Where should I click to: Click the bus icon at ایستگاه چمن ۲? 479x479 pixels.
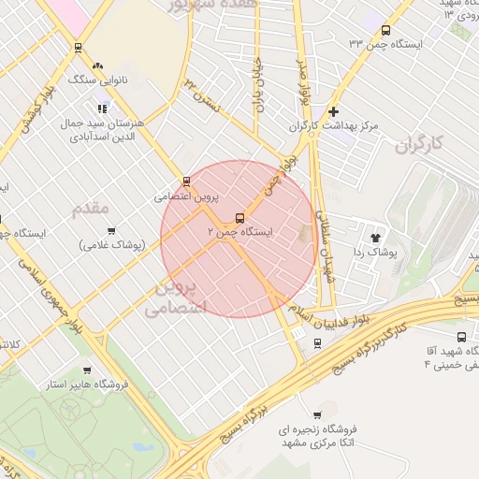[x=240, y=217]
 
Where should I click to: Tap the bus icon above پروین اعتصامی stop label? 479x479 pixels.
[x=187, y=181]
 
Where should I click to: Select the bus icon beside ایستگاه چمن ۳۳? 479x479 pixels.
[x=386, y=30]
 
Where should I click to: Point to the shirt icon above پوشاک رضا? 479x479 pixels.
[x=378, y=237]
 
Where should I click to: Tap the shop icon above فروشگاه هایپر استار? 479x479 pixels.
[x=87, y=370]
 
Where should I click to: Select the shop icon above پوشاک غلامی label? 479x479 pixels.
[x=111, y=230]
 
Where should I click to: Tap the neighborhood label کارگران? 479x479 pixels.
[x=417, y=145]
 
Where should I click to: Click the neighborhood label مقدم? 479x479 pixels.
[x=91, y=207]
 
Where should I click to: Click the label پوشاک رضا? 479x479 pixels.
[x=379, y=253]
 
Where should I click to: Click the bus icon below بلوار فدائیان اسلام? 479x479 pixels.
[x=317, y=342]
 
